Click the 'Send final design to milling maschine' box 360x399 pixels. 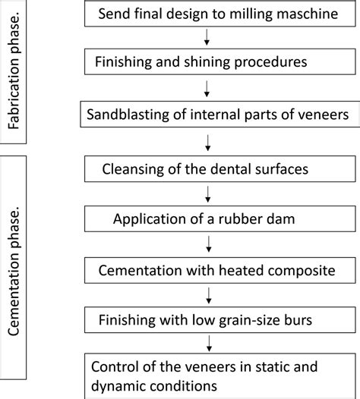click(x=207, y=14)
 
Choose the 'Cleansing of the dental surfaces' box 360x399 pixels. click(x=207, y=168)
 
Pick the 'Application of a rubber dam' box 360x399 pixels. click(x=207, y=220)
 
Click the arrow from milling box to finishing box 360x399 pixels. click(x=207, y=37)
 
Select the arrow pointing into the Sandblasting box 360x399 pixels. click(x=207, y=89)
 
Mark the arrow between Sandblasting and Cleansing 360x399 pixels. click(x=207, y=141)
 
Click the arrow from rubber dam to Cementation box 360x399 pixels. click(x=207, y=244)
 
